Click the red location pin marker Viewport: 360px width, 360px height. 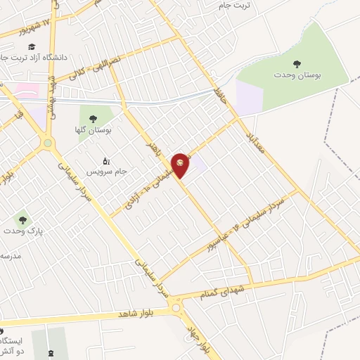tap(181, 164)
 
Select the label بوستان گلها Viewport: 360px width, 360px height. tap(97, 129)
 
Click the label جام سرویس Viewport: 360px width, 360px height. tap(103, 171)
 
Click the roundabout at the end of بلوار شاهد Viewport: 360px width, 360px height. tap(175, 307)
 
